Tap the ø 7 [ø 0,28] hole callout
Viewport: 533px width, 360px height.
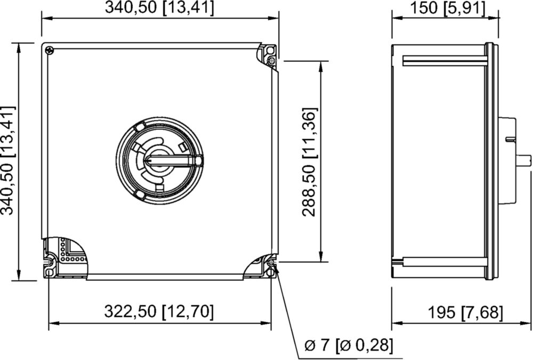349,346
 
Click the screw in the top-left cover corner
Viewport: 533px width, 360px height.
50,50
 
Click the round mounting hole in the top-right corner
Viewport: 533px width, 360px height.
270,51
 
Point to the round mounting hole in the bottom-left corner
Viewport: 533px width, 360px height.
50,273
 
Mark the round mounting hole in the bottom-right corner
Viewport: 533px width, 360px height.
271,272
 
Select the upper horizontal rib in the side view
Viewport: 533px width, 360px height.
445,61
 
